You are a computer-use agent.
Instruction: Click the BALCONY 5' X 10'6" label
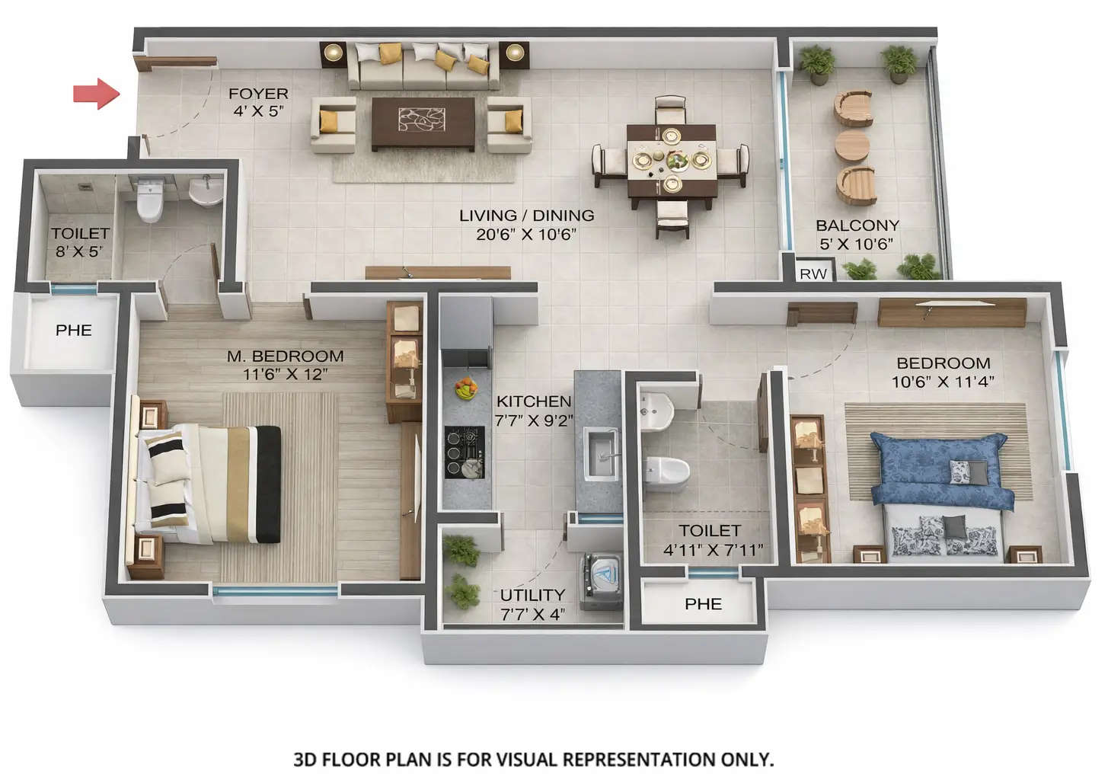[857, 235]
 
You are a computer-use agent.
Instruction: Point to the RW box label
[813, 274]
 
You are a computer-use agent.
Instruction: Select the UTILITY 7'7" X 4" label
[532, 604]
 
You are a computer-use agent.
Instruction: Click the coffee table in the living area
[423, 122]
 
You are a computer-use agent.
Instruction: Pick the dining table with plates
[671, 161]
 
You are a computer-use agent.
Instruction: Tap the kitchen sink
[602, 455]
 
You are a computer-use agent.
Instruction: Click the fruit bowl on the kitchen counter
[466, 389]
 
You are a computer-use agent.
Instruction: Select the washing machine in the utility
[601, 581]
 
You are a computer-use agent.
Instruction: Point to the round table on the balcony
[852, 145]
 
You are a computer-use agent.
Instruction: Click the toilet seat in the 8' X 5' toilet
[149, 202]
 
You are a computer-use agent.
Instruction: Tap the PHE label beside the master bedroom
[74, 331]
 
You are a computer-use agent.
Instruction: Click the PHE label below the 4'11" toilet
[703, 604]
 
